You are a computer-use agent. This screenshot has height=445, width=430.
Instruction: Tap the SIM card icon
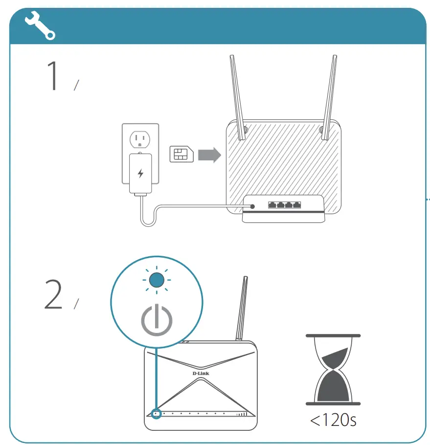click(x=181, y=154)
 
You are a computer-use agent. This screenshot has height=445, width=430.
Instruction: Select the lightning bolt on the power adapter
click(x=141, y=173)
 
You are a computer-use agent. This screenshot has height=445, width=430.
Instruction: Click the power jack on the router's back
click(x=252, y=206)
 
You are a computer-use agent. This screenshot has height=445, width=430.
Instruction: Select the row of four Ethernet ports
click(x=284, y=205)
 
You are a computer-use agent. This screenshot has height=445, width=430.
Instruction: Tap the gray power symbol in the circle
click(x=157, y=320)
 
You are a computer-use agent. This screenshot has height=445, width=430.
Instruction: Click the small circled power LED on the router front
click(x=156, y=414)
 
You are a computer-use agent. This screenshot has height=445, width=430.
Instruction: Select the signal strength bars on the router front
click(x=242, y=414)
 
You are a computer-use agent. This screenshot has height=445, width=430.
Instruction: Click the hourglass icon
click(x=333, y=370)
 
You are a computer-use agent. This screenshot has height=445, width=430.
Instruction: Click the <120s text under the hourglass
click(x=333, y=420)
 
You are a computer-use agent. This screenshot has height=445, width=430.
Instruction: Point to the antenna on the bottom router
click(x=240, y=308)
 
